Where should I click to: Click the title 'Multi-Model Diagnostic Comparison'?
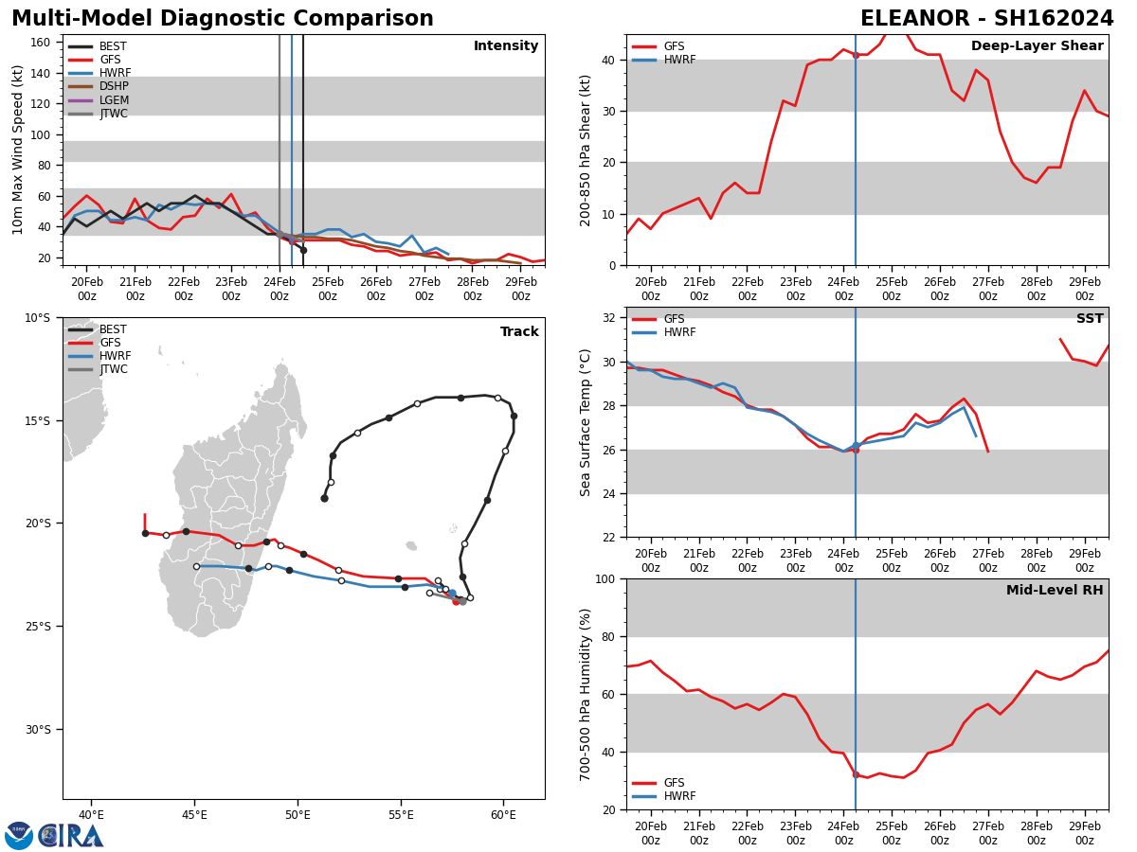[x=223, y=19]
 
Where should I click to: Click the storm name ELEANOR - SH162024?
[x=986, y=19]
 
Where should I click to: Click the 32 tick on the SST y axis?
[x=610, y=318]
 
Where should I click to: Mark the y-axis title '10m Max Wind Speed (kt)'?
[x=19, y=150]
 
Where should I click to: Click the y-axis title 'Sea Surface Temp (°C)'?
[x=586, y=422]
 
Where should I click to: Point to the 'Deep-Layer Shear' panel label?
[x=1037, y=46]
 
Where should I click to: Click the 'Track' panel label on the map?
[x=519, y=332]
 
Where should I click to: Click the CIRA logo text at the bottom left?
[x=71, y=836]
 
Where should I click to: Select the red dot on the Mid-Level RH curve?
[x=856, y=774]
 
